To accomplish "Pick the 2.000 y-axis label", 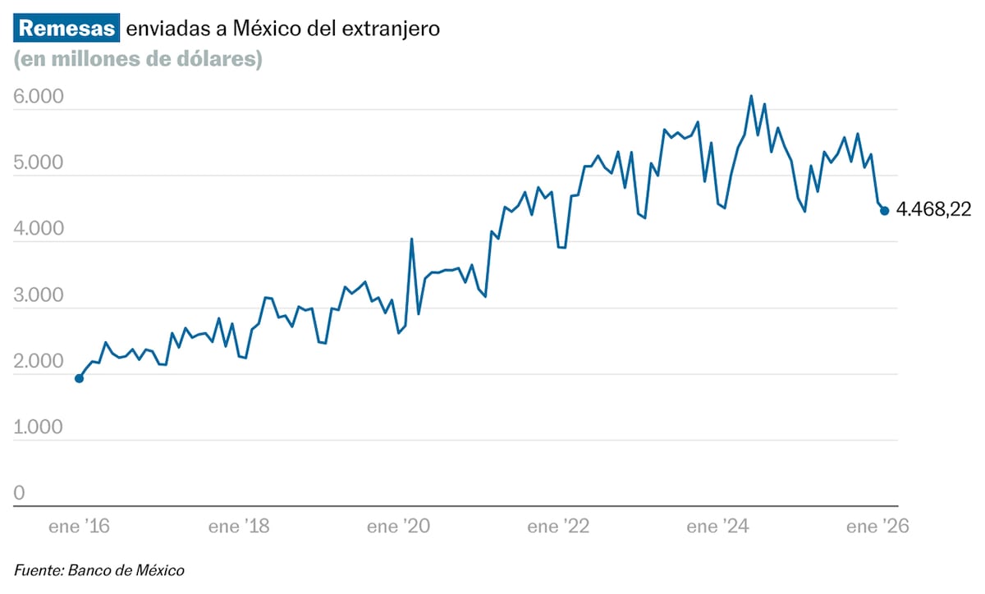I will pyautogui.click(x=39, y=362).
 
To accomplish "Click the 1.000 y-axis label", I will pyautogui.click(x=39, y=427).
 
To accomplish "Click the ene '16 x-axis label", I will pyautogui.click(x=79, y=527).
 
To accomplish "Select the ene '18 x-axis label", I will pyautogui.click(x=240, y=527).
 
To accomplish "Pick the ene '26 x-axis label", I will pyautogui.click(x=877, y=527).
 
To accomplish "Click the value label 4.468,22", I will pyautogui.click(x=932, y=211).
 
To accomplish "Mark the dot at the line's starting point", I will pyautogui.click(x=79, y=378).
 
